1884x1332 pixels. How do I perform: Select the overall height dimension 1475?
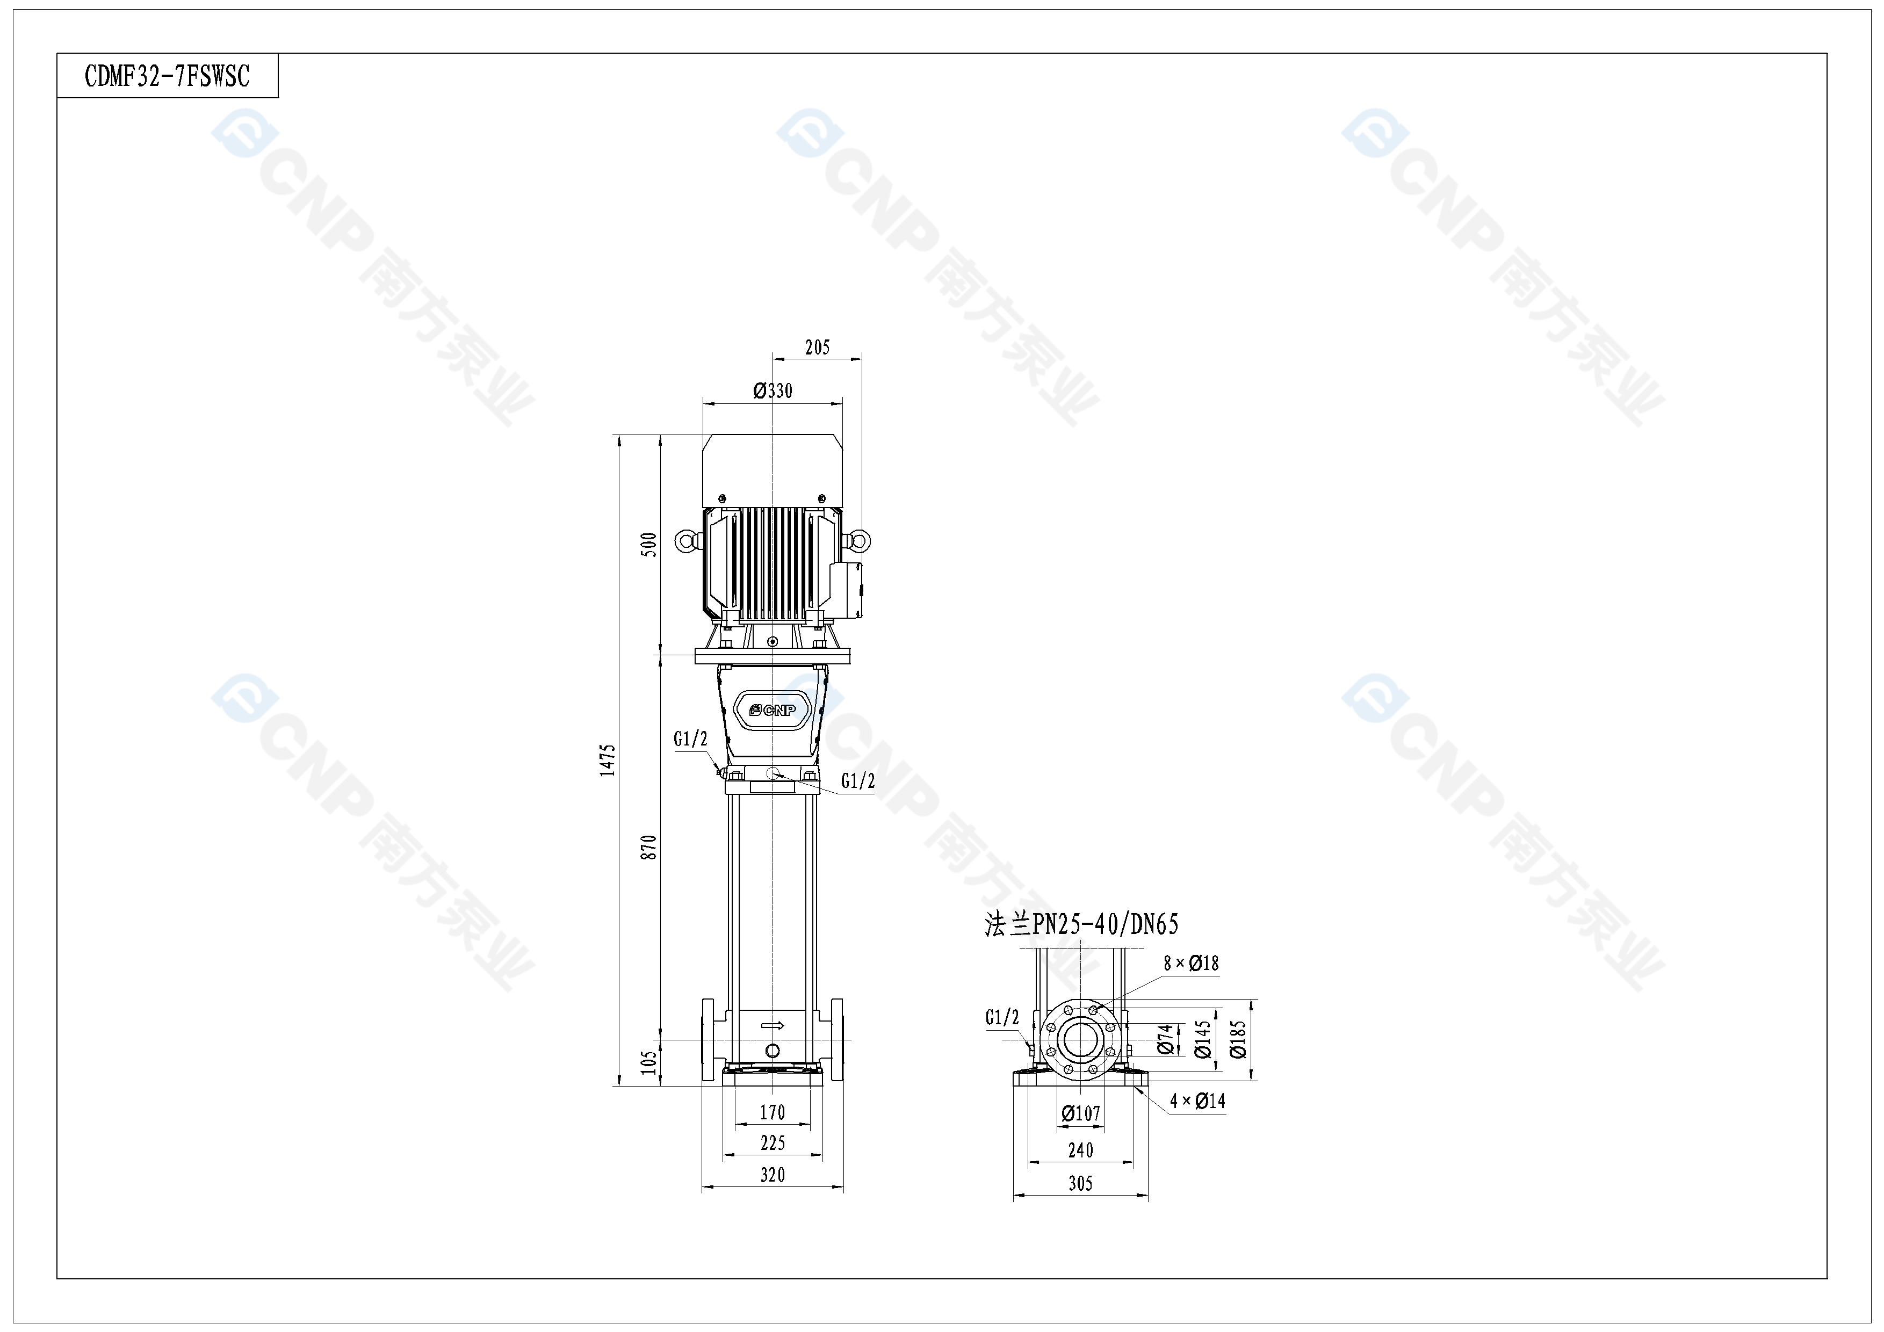pos(607,761)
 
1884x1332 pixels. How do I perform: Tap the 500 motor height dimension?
pos(649,545)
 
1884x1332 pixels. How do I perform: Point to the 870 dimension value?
pos(649,847)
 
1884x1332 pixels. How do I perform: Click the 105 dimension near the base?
pos(649,1062)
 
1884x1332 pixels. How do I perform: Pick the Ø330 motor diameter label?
pos(773,390)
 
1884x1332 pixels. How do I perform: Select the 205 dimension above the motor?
pos(817,347)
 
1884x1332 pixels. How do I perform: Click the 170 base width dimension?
pos(772,1112)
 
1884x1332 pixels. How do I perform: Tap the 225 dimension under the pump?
pos(772,1142)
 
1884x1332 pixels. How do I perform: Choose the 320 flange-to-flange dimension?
pos(772,1175)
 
